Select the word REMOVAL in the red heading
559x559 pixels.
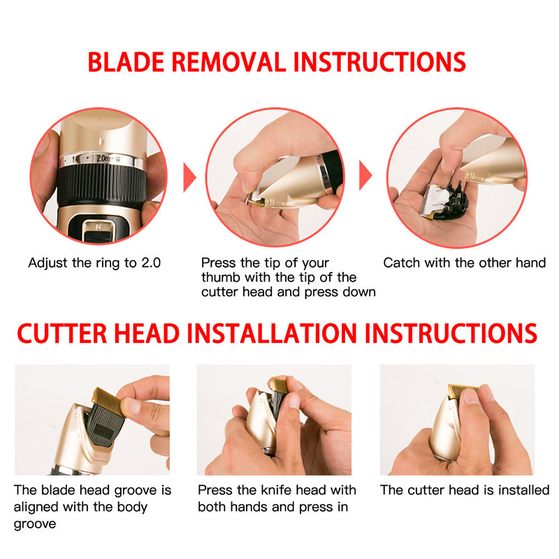(229, 62)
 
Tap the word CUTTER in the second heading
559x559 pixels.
(61, 334)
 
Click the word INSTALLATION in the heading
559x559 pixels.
(272, 334)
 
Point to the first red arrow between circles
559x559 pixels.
(189, 177)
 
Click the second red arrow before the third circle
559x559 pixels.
(365, 175)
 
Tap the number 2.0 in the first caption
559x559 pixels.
(151, 263)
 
